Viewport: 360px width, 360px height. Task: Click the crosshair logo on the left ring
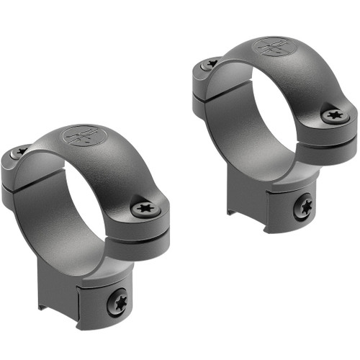pos(79,136)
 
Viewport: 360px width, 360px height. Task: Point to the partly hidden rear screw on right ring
pos(211,63)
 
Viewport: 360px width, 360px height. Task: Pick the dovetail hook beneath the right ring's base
pos(232,208)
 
